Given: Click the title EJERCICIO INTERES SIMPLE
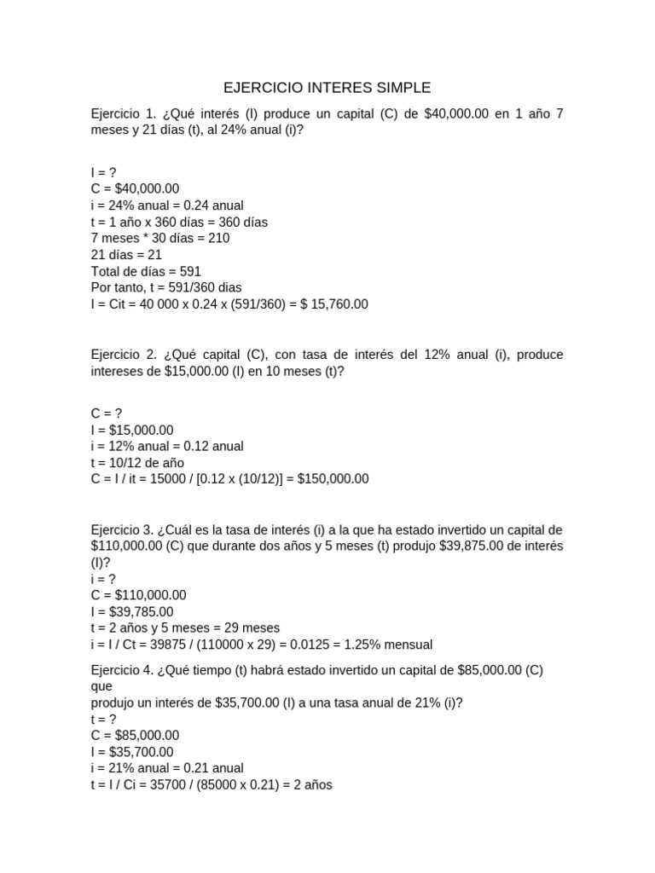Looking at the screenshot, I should point(327,88).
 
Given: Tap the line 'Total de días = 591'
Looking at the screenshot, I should point(146,271).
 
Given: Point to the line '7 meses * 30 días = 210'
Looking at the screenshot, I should point(160,239).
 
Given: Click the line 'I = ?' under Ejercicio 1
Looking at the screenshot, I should point(103,173).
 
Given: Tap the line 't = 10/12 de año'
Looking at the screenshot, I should point(137,463).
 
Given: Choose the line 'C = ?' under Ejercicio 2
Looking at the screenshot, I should point(107,414).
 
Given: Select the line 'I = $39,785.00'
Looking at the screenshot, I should point(132,612).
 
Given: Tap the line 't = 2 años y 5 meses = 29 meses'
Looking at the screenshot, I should point(185,628).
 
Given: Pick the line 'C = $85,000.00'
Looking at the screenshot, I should point(135,736).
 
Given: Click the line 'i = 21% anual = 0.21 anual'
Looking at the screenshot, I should point(167,768).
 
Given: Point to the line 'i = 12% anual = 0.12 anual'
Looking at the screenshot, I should point(167,447).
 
